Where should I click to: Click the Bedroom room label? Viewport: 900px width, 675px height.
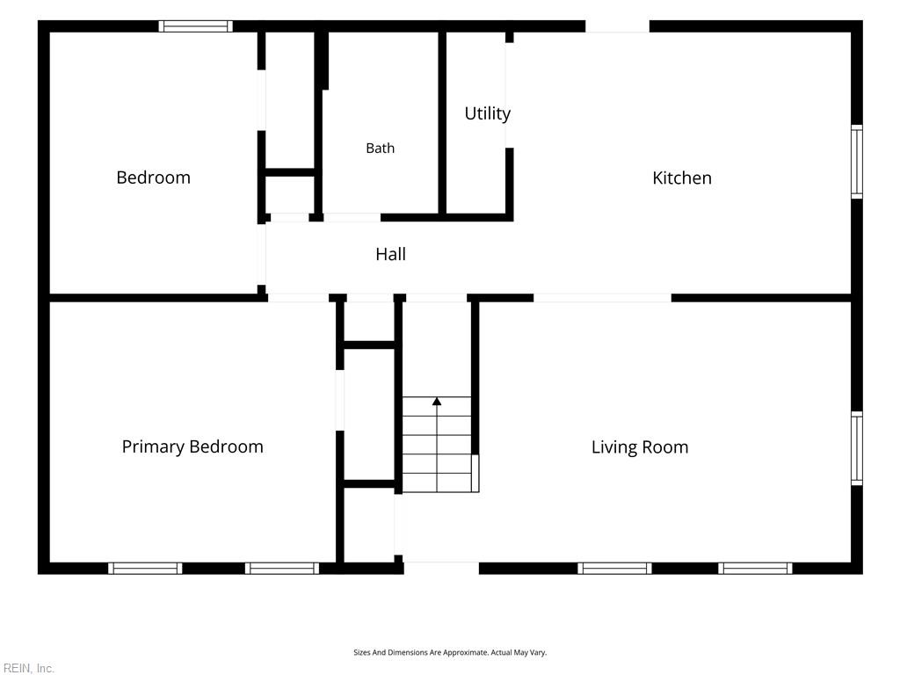[x=153, y=178]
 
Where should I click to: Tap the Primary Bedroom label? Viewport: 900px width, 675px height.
[x=192, y=446]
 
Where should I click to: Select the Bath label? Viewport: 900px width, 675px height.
[x=380, y=148]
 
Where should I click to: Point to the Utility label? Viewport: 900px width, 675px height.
[x=487, y=113]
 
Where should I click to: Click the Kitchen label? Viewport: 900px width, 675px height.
[x=682, y=178]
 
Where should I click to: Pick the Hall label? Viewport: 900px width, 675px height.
[x=390, y=254]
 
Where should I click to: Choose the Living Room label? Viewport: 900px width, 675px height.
[x=640, y=447]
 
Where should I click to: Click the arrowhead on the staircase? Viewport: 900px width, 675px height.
[x=437, y=401]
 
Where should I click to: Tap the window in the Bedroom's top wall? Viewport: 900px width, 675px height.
[x=196, y=25]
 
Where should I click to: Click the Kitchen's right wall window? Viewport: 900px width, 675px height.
[x=856, y=162]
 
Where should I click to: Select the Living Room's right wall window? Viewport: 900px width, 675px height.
[x=856, y=448]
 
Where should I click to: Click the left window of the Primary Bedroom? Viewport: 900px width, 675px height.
[x=145, y=569]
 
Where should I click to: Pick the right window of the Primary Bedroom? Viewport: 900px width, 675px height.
[x=282, y=569]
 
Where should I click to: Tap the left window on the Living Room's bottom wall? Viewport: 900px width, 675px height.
[x=614, y=569]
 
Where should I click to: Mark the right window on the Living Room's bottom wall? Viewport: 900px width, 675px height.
[x=755, y=569]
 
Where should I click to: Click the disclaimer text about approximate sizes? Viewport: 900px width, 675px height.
[x=450, y=653]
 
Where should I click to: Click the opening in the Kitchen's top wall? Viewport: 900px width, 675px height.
[x=618, y=26]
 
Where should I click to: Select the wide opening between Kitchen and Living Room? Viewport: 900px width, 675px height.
[x=603, y=298]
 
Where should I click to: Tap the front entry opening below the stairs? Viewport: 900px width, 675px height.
[x=441, y=569]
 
